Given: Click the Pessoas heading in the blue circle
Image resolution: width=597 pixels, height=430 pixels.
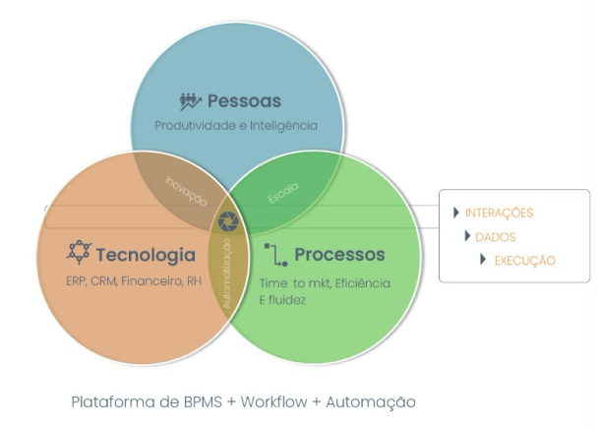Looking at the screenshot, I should (244, 101).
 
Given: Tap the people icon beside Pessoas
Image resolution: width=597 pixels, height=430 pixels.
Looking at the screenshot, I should (191, 101).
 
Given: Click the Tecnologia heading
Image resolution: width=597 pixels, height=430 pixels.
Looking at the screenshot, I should (146, 256).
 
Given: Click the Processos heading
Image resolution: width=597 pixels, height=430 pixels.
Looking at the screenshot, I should (339, 255).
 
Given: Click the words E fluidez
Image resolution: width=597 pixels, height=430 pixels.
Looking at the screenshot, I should (283, 300).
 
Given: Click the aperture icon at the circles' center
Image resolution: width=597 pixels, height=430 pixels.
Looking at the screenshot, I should (228, 219).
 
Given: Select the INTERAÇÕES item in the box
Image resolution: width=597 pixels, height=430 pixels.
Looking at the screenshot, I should (499, 213).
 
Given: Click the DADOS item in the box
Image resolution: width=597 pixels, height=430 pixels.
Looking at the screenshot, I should (495, 236).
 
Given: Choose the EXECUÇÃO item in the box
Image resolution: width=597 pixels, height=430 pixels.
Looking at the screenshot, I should (523, 261).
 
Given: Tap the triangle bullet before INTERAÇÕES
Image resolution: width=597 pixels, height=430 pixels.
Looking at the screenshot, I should (455, 213).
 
